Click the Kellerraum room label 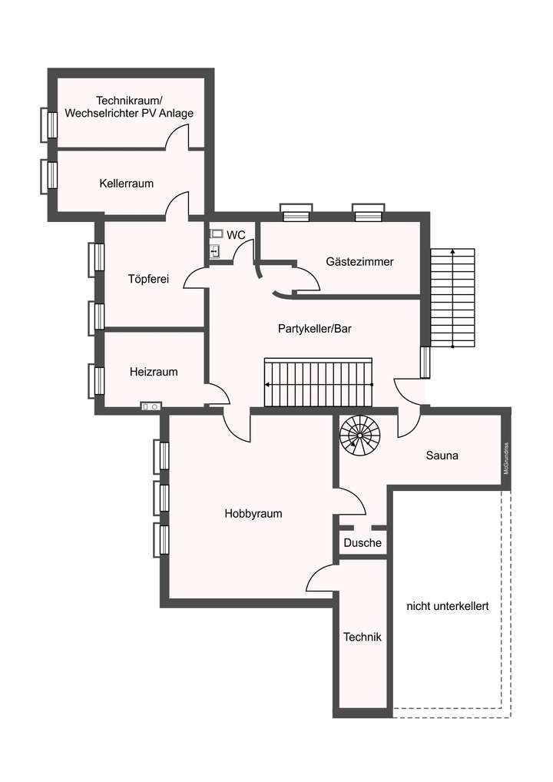pyautogui.click(x=126, y=184)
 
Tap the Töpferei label pyautogui.click(x=148, y=279)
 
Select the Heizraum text pyautogui.click(x=154, y=372)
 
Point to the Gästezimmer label pyautogui.click(x=359, y=262)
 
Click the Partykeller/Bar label pyautogui.click(x=315, y=328)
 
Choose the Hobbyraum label pyautogui.click(x=253, y=514)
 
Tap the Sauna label pyautogui.click(x=442, y=455)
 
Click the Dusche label pyautogui.click(x=363, y=543)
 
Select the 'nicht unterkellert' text pyautogui.click(x=448, y=605)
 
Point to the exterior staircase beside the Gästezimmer pyautogui.click(x=452, y=298)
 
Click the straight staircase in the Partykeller pyautogui.click(x=318, y=383)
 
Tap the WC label pyautogui.click(x=236, y=234)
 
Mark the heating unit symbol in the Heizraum pyautogui.click(x=150, y=406)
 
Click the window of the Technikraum pyautogui.click(x=50, y=124)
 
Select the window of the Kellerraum pyautogui.click(x=50, y=176)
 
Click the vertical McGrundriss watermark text pyautogui.click(x=506, y=459)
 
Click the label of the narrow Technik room pyautogui.click(x=362, y=637)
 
